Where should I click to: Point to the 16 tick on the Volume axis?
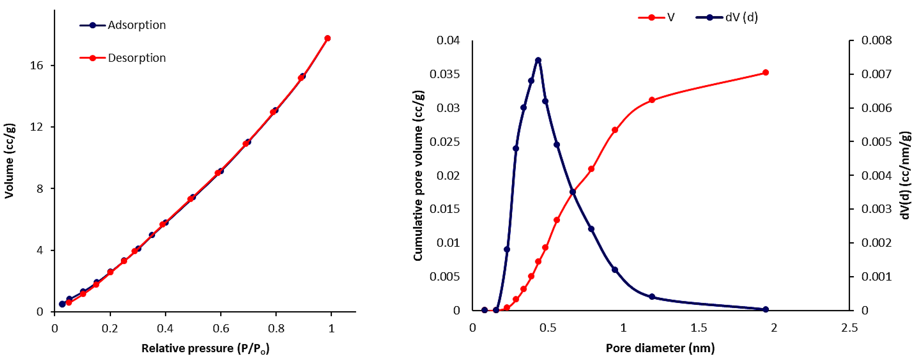[36, 66]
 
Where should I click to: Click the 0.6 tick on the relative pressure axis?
[221, 328]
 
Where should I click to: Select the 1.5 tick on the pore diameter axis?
[698, 328]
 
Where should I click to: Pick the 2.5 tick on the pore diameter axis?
[849, 328]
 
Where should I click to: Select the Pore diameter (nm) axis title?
[660, 348]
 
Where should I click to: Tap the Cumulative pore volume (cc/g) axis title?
[418, 175]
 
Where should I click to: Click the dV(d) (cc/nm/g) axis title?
[906, 175]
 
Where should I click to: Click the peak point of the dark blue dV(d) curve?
[538, 60]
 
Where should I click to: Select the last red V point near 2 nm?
[766, 73]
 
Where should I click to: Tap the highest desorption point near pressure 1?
[328, 38]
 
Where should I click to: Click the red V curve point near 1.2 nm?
[652, 100]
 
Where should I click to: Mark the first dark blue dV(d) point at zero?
[484, 310]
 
